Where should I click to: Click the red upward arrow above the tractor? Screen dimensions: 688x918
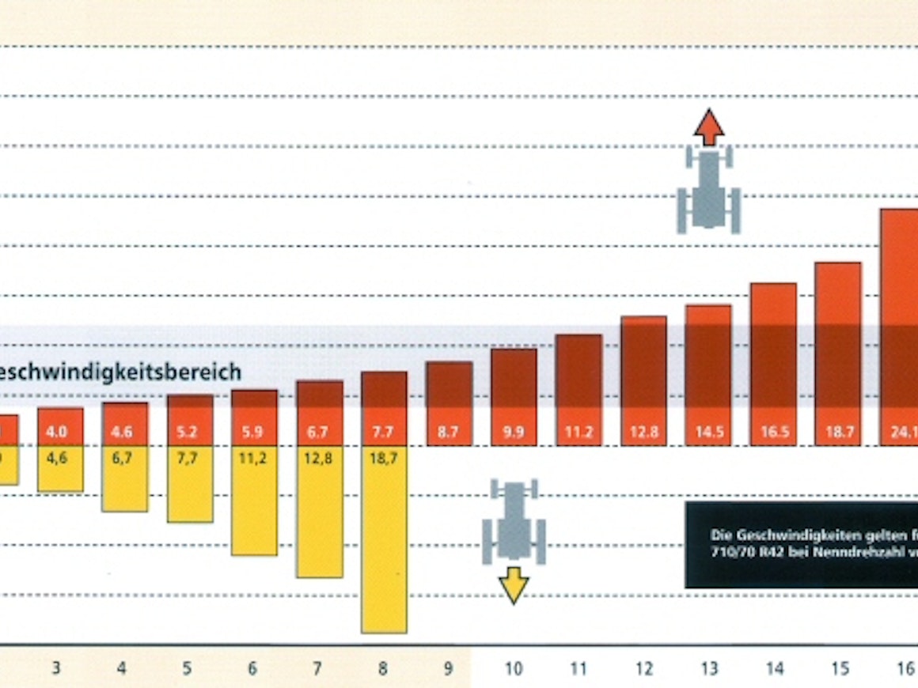(709, 127)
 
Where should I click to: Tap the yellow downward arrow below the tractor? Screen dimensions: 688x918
(514, 585)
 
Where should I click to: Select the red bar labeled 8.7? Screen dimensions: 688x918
(449, 403)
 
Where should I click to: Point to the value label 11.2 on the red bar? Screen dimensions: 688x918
(578, 434)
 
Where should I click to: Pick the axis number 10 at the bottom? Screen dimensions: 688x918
(514, 669)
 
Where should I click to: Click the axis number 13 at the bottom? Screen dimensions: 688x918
(709, 669)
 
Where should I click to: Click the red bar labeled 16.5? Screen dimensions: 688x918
(773, 364)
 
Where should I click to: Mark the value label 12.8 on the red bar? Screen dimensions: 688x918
(643, 434)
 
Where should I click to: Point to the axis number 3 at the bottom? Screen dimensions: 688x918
(56, 669)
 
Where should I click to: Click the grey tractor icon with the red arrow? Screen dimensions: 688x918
(708, 191)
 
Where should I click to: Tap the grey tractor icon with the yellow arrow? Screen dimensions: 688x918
(514, 522)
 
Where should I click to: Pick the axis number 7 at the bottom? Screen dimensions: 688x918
(317, 669)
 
